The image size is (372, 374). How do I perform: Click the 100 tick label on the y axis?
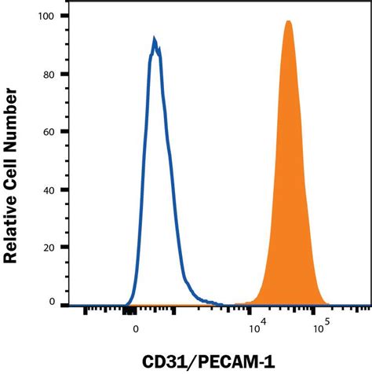tap(49, 16)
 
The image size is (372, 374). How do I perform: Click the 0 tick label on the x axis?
tap(136, 330)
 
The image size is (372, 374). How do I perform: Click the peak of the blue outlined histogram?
tap(155, 38)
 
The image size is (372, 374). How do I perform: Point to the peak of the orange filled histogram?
tap(288, 22)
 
